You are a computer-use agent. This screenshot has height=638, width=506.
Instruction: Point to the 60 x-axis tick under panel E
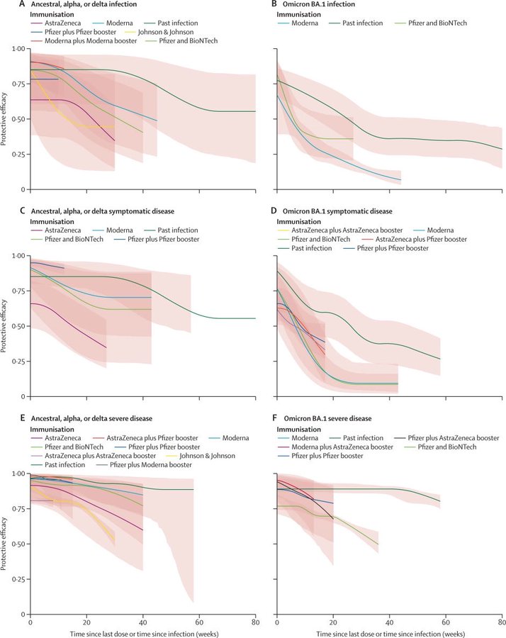pyautogui.click(x=199, y=622)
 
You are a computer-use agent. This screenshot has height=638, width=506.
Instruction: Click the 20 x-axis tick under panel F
pyautogui.click(x=333, y=622)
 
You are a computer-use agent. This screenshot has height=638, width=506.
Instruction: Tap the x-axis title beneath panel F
pyautogui.click(x=390, y=632)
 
